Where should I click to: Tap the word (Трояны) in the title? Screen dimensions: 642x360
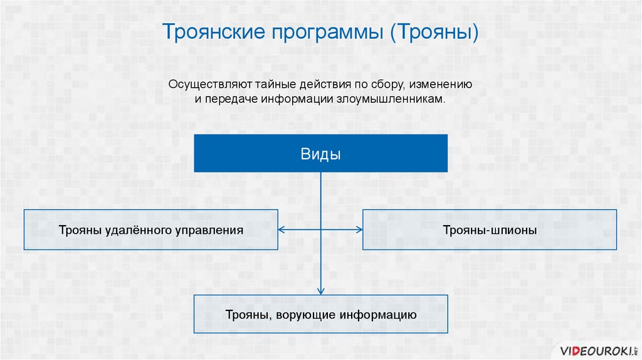tap(435, 32)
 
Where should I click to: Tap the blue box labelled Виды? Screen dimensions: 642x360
tap(320, 154)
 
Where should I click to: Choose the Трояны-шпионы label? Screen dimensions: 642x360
tap(490, 230)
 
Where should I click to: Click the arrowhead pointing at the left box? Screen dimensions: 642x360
tap(281, 230)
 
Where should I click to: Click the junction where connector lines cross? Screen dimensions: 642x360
tap(321, 230)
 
